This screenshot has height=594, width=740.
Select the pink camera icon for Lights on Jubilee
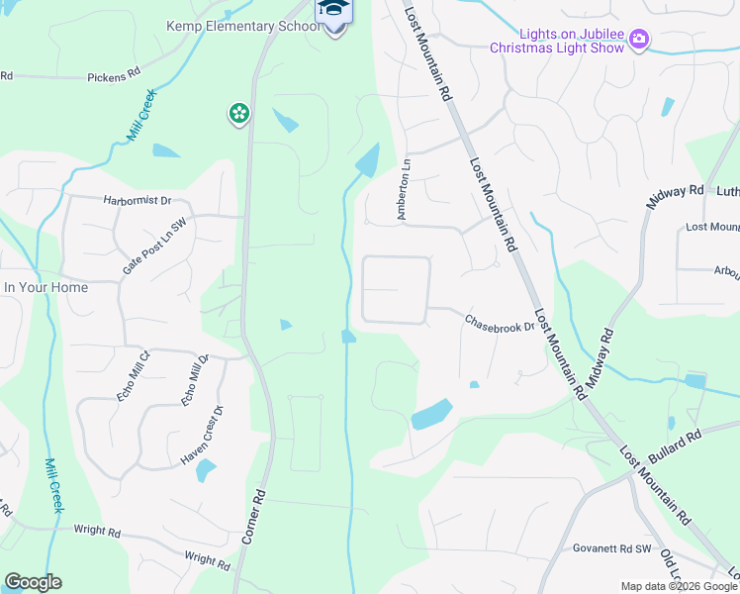(x=639, y=39)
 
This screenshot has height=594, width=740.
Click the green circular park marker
(x=238, y=114)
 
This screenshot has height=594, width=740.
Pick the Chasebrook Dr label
(x=500, y=322)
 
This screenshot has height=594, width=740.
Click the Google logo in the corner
(x=33, y=582)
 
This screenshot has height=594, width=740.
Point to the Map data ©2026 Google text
(x=680, y=586)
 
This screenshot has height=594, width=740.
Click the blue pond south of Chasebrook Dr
(x=431, y=414)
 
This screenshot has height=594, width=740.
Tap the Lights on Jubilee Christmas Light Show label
(x=559, y=41)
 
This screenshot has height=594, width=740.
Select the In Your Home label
(x=46, y=287)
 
